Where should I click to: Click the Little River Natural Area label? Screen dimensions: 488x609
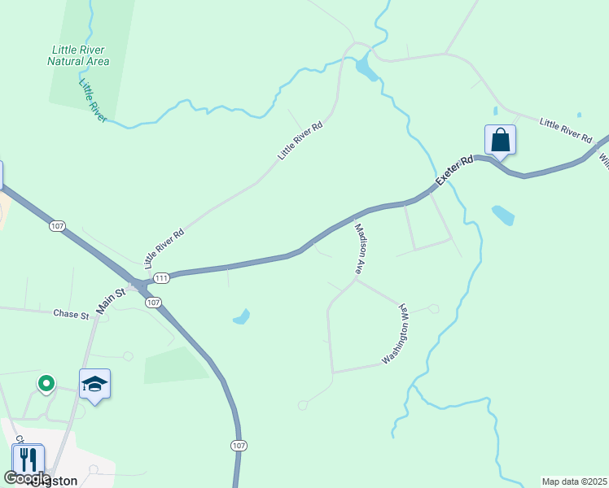pos(78,54)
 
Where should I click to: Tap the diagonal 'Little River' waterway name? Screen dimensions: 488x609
pos(93,101)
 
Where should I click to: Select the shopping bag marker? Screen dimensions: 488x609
pos(500,140)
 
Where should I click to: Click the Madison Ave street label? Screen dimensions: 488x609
pos(359,249)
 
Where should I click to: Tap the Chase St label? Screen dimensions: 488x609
pos(71,314)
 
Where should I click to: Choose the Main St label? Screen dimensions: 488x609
pos(112,298)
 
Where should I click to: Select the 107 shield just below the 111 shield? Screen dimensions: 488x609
pos(153,302)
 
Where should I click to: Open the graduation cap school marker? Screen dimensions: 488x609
pos(94,385)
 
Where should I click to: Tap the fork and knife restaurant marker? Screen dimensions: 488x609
pos(28,460)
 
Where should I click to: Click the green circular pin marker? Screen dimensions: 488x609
pos(46,382)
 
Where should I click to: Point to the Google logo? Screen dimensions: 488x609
pos(28,478)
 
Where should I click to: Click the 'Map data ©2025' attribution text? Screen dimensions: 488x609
pos(574,481)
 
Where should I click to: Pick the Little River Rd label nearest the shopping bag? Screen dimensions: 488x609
pos(566,130)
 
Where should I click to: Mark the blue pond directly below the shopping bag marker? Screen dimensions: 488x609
pos(503,215)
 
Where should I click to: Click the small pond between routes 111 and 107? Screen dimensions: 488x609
pos(241,316)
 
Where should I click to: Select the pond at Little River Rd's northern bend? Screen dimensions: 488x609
pos(366,68)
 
